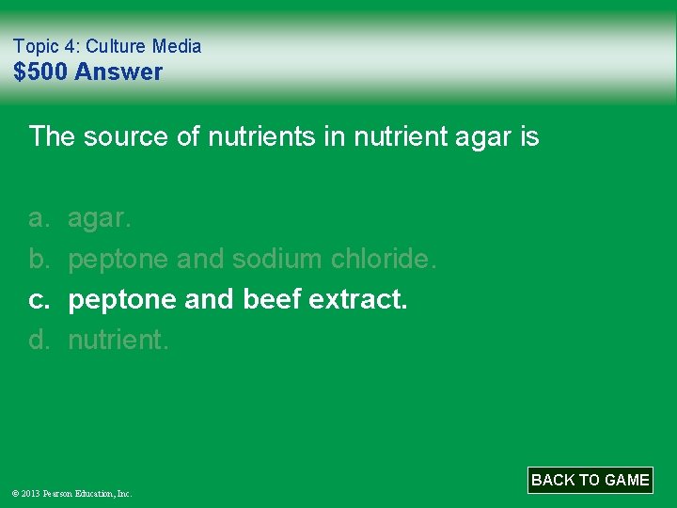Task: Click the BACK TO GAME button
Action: (x=590, y=480)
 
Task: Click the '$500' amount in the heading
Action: (x=40, y=71)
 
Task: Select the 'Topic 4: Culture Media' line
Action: (x=107, y=45)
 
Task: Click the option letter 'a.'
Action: (x=38, y=218)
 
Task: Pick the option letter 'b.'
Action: (x=38, y=259)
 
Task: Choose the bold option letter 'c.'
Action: (x=38, y=299)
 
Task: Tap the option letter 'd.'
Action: (x=38, y=340)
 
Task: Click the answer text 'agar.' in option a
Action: (x=101, y=218)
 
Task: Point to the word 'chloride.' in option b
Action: (x=385, y=259)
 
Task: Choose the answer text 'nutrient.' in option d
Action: (x=118, y=340)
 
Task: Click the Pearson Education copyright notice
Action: (x=72, y=493)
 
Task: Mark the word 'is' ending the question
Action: (x=527, y=137)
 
